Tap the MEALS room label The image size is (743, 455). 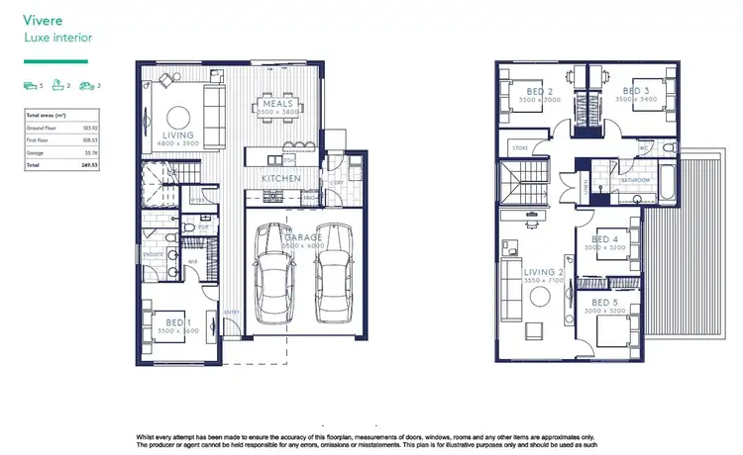(x=276, y=102)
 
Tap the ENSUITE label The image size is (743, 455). (x=154, y=254)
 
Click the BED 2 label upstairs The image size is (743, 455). (x=543, y=91)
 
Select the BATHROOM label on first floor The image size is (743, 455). (x=634, y=181)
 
